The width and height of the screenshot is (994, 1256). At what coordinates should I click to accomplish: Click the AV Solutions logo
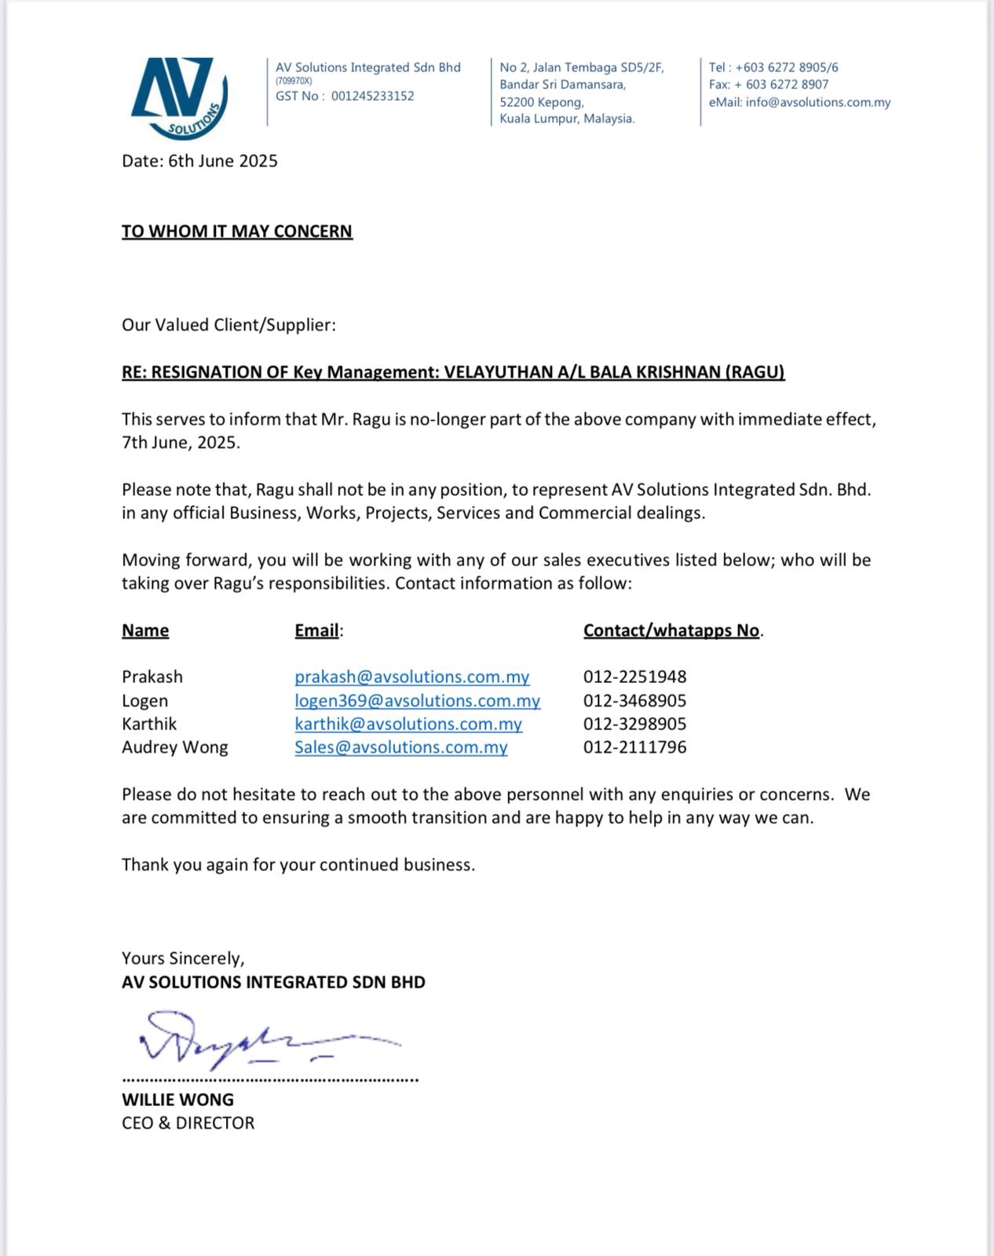[x=179, y=97]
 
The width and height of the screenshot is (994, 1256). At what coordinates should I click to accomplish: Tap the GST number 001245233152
[x=372, y=96]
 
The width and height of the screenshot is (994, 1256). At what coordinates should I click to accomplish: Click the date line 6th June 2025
[x=199, y=161]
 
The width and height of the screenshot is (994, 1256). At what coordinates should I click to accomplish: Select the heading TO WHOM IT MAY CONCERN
[x=237, y=232]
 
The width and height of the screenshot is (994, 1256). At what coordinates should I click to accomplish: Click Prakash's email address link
[x=412, y=677]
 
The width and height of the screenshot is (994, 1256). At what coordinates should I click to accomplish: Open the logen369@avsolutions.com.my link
[x=418, y=700]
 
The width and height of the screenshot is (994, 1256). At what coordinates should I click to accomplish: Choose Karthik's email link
[x=408, y=724]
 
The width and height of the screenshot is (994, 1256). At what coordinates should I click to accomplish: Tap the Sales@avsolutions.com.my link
[x=401, y=747]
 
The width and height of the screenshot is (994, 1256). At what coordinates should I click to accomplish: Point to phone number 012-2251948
[x=634, y=677]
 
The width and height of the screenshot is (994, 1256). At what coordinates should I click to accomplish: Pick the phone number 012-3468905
[x=634, y=700]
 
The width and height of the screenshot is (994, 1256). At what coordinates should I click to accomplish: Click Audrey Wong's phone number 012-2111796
[x=634, y=747]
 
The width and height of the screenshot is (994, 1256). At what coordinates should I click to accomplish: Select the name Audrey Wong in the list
[x=175, y=747]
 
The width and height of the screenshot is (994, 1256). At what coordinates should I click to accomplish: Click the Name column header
[x=145, y=630]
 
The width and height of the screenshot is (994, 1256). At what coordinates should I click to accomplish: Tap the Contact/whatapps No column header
[x=671, y=630]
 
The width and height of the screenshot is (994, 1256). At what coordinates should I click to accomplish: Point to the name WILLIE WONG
[x=177, y=1100]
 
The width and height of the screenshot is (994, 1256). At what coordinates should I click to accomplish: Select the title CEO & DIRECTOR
[x=188, y=1123]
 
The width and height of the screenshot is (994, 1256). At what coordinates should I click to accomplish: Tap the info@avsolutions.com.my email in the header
[x=818, y=102]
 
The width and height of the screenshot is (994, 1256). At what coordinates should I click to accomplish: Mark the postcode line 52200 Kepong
[x=542, y=102]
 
